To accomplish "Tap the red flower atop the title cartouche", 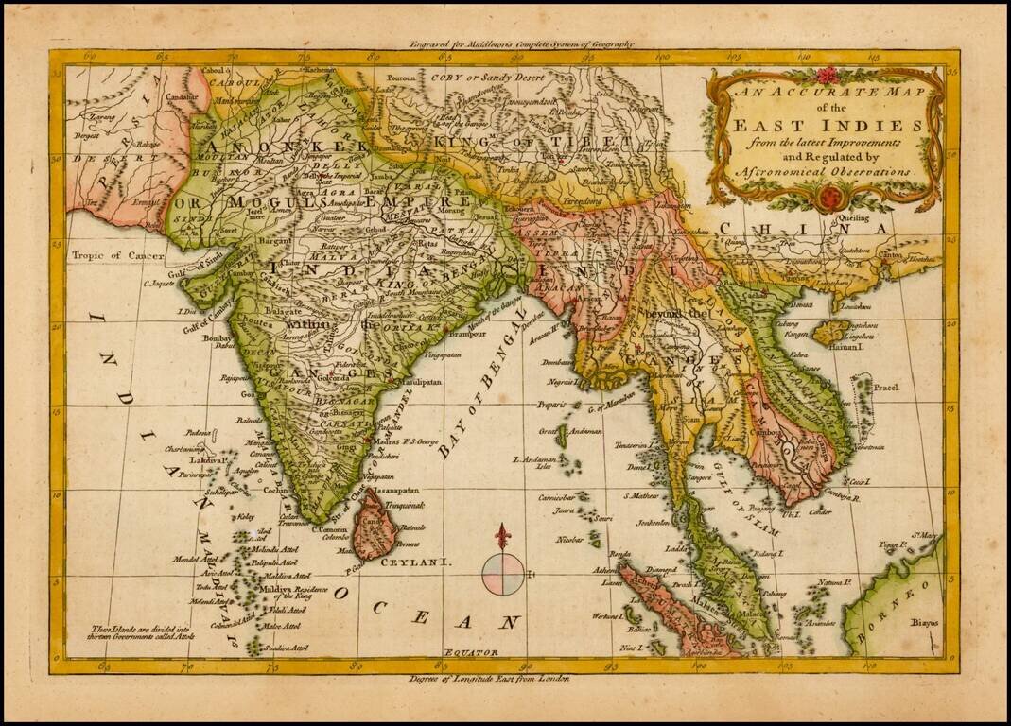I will pos(828,76).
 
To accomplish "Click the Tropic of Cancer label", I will pos(112,254).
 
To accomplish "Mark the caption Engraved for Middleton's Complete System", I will pos(522,44).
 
